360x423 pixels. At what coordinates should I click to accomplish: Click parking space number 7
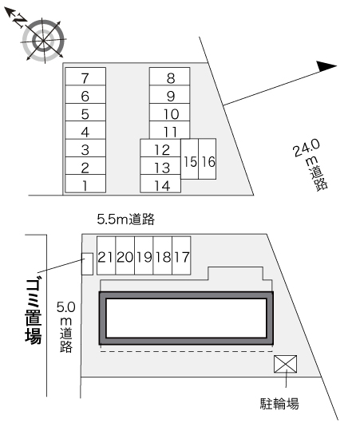click(85, 77)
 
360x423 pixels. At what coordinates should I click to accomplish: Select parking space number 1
click(85, 184)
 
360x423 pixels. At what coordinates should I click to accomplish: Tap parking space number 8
click(170, 77)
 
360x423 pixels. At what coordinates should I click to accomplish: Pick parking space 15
click(190, 159)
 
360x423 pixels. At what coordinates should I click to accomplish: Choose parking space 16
click(208, 159)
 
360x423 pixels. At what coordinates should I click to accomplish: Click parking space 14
click(160, 184)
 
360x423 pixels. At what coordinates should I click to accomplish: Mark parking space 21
click(106, 255)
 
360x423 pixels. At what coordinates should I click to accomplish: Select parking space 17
click(181, 255)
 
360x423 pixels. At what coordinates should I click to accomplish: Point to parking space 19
click(144, 255)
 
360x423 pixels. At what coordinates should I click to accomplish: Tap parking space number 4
click(85, 130)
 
